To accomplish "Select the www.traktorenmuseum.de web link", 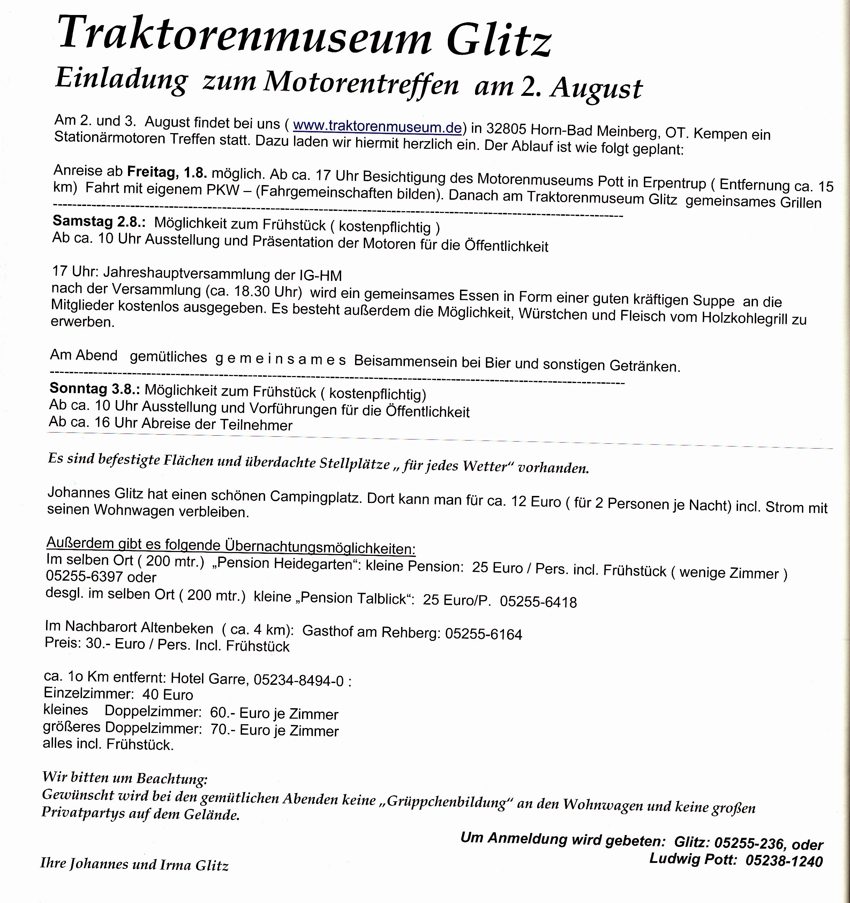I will click(377, 126).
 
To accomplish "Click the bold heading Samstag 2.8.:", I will click(99, 221).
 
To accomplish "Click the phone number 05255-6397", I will click(84, 576).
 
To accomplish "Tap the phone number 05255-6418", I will click(538, 602).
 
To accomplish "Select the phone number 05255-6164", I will click(484, 634).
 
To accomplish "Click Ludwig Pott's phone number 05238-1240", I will click(784, 861).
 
